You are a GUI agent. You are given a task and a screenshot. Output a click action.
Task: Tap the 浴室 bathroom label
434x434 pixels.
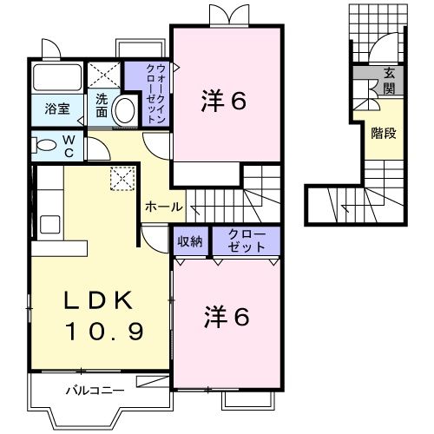[57, 108]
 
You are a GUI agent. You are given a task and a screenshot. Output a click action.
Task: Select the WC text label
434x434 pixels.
[69, 147]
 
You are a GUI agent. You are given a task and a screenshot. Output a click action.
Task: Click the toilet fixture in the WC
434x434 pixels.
[44, 145]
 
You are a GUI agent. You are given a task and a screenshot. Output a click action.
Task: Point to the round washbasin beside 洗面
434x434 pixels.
[125, 111]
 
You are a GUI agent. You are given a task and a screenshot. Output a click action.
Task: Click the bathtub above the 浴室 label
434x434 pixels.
[57, 77]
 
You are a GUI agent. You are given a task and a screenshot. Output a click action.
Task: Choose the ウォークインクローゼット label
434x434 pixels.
[156, 93]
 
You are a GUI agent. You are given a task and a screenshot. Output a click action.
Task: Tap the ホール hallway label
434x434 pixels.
[164, 207]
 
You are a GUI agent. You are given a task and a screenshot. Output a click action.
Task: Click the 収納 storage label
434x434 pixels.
[190, 241]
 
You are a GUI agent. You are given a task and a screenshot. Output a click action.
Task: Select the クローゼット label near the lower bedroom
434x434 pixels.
[247, 241]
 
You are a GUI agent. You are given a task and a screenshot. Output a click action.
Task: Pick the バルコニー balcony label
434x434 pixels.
[95, 391]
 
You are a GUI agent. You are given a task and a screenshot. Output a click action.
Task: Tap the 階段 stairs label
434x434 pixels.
[384, 134]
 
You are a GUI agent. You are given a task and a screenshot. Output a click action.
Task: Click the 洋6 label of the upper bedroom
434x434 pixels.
[224, 100]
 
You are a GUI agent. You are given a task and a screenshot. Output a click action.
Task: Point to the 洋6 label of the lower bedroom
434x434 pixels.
[227, 317]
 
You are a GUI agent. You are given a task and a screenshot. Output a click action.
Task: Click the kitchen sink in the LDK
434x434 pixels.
[50, 224]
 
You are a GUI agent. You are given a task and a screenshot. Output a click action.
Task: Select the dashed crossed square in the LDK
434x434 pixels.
[122, 178]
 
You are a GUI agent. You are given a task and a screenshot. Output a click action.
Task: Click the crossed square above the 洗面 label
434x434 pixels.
[104, 75]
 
